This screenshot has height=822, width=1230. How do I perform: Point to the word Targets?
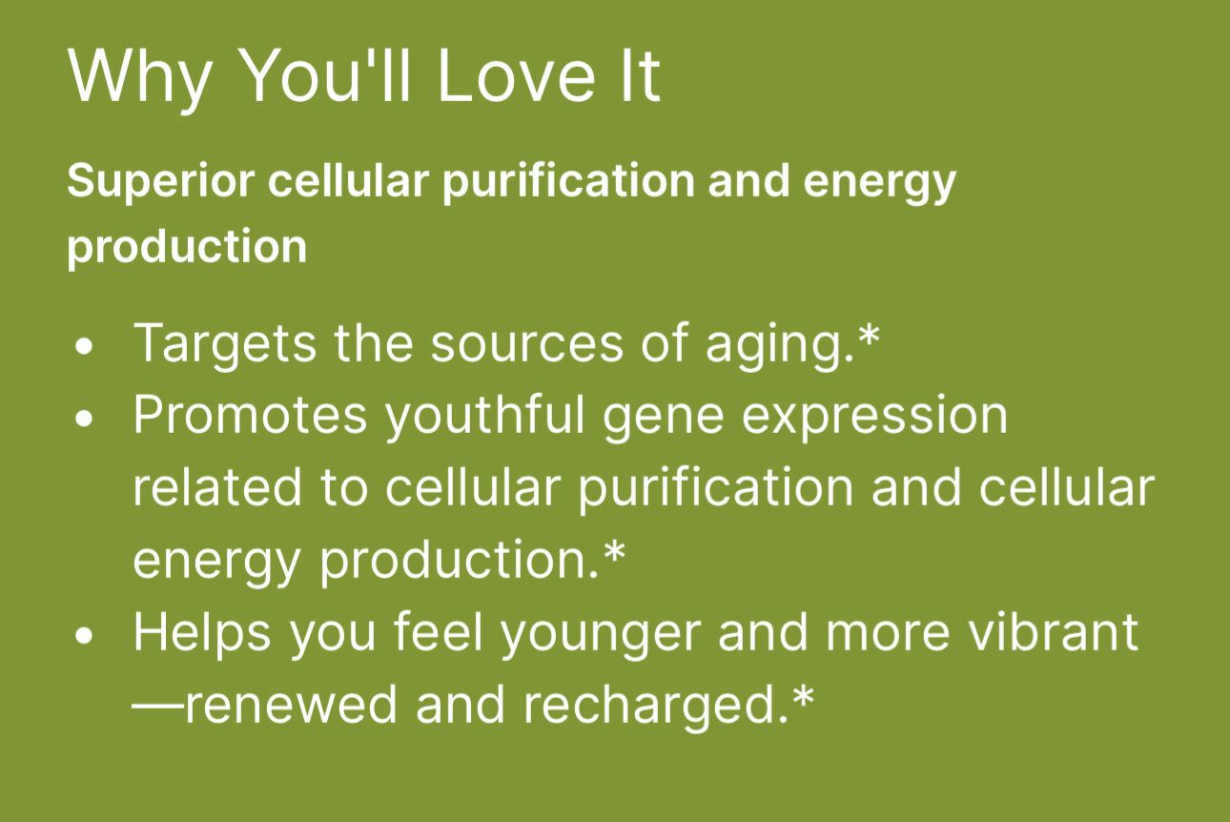(x=225, y=346)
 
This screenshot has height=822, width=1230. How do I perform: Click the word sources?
(x=526, y=346)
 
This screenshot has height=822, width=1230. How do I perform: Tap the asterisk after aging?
(x=868, y=335)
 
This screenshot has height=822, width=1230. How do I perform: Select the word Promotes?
(x=250, y=416)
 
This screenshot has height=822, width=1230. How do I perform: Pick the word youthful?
(x=484, y=419)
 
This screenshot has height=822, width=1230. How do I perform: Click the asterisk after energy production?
(x=614, y=552)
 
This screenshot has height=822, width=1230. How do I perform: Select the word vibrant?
(x=1054, y=632)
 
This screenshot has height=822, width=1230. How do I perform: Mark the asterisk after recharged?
(x=802, y=697)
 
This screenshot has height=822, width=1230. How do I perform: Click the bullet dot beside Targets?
(x=84, y=347)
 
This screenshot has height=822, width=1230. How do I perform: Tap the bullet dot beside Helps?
(x=84, y=636)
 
